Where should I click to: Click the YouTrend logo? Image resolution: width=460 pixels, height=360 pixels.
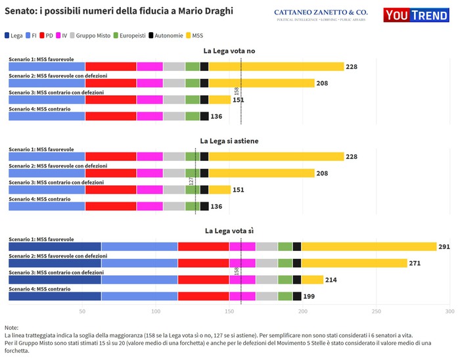[421, 14]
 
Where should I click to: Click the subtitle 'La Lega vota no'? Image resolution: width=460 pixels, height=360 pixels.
[229, 51]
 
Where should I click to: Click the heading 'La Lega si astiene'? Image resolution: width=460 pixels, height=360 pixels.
[229, 141]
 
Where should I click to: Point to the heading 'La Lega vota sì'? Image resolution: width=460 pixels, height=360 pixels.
[229, 231]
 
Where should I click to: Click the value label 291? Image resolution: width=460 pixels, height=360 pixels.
[446, 247]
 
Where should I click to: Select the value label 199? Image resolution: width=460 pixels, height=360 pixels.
[309, 297]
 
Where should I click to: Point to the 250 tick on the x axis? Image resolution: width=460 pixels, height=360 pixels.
[377, 311]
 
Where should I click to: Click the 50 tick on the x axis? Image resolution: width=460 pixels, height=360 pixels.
[82, 311]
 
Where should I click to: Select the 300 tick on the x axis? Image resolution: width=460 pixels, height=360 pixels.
[450, 311]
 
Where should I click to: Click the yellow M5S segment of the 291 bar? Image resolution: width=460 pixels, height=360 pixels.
[369, 246]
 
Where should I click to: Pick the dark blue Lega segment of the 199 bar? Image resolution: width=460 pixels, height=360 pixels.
[55, 296]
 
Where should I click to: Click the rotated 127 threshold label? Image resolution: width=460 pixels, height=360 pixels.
[191, 180]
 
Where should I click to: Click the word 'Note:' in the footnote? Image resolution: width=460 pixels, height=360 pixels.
[11, 327]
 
